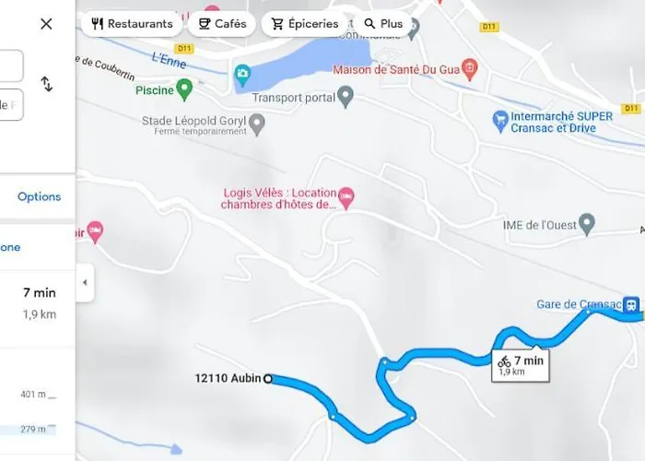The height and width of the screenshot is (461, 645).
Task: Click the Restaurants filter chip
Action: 132,23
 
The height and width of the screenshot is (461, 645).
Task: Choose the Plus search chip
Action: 382,23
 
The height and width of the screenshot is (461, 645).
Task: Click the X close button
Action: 46,24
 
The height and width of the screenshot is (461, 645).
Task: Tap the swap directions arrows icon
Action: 47,84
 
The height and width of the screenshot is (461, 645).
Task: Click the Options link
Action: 39,196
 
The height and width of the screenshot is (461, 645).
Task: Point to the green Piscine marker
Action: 184,89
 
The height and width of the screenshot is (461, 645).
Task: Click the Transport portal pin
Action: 346,94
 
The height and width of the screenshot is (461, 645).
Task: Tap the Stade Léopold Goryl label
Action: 194,121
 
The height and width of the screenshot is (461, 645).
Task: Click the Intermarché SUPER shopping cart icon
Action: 500,118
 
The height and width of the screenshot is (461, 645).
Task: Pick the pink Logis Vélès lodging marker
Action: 346,194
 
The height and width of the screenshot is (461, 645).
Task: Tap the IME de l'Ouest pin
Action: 587,222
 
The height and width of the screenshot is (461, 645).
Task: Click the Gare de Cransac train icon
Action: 630,303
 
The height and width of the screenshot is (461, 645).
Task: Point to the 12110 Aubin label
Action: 228,378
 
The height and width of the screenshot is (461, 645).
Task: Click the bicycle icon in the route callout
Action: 504,362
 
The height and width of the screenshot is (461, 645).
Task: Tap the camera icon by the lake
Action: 242,72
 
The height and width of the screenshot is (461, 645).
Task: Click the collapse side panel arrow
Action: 85,282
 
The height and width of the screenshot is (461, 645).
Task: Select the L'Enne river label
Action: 142,59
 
